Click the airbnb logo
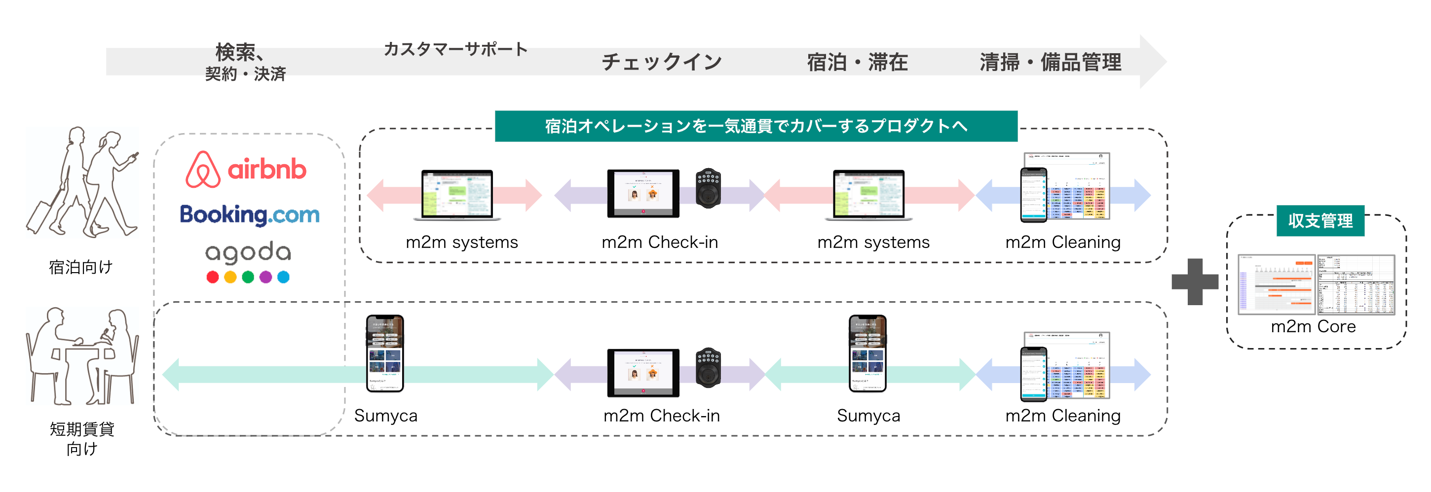[x=246, y=170]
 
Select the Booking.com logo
[x=249, y=215]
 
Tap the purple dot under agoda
[x=265, y=277]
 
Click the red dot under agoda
[x=212, y=277]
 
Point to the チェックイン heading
[x=662, y=62]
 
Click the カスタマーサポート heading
[x=455, y=49]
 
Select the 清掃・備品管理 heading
[x=1050, y=62]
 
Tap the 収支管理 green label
[x=1320, y=220]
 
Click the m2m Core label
[x=1313, y=326]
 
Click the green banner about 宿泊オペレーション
[x=755, y=126]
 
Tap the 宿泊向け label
[x=80, y=267]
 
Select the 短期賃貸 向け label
[x=81, y=438]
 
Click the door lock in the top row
[x=708, y=188]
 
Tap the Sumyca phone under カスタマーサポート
[x=384, y=353]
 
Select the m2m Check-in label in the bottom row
[x=661, y=416]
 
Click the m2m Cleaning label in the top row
[x=1063, y=242]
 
